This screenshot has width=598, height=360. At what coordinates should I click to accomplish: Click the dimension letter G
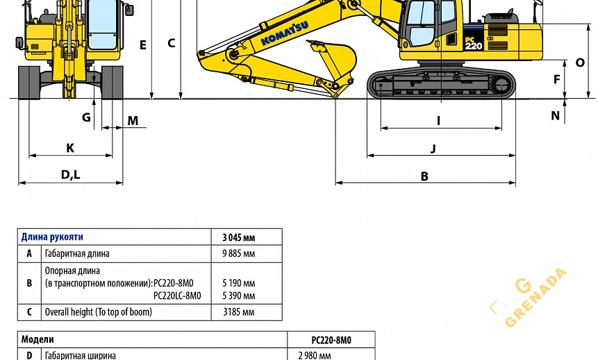coord(86,117)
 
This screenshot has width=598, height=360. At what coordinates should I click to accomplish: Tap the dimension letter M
coord(133,121)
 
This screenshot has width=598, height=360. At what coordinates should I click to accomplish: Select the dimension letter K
coord(70,147)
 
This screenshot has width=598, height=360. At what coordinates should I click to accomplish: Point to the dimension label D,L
coord(70,174)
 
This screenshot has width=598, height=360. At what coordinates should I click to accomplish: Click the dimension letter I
coord(438,120)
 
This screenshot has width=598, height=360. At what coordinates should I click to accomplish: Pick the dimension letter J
coord(433,148)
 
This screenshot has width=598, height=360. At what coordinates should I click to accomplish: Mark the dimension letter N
coord(555,116)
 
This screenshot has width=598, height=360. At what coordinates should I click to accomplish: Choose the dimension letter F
coord(556,79)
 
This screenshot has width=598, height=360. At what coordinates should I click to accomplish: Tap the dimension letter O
coord(580,63)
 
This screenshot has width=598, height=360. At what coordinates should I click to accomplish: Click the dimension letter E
coord(143,45)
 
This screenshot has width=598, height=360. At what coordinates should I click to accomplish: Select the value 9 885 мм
coord(238,254)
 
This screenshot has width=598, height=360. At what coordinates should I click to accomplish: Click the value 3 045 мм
coord(238,237)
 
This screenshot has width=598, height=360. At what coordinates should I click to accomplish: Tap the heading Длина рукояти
coord(52,237)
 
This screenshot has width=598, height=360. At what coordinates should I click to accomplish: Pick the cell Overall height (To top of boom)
coord(98,312)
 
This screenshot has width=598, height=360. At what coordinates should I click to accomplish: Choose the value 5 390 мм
coord(238,295)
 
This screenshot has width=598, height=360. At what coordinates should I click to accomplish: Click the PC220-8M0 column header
coord(331,340)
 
